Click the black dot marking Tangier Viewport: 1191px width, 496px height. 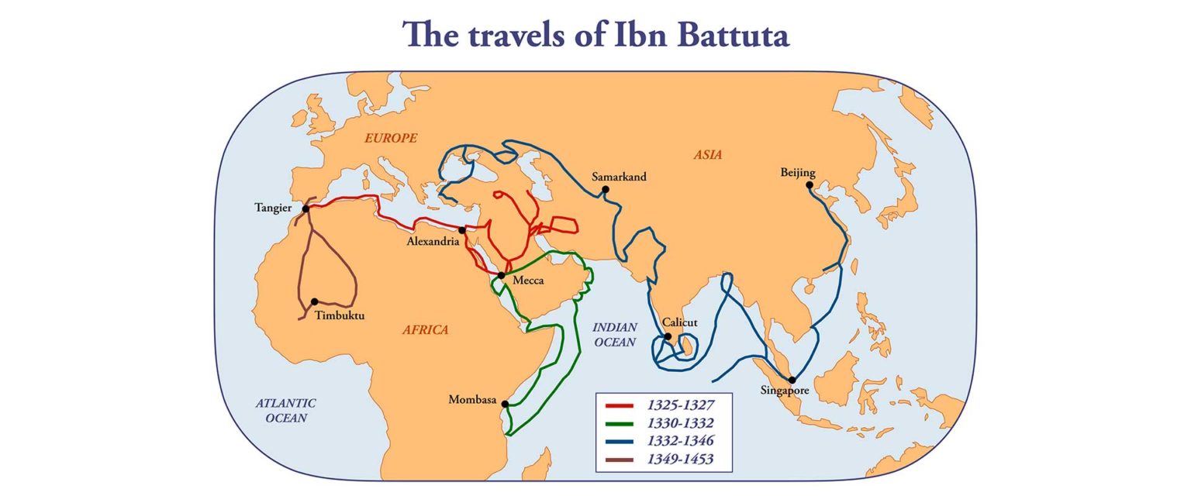(306, 208)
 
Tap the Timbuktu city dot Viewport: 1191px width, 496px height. (315, 301)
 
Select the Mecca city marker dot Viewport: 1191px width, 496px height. (502, 275)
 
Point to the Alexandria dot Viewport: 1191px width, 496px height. (462, 229)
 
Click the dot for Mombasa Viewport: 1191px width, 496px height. (505, 404)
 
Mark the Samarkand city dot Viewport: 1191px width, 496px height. (605, 188)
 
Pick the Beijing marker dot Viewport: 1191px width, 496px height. (810, 185)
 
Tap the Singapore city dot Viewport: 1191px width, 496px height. (792, 380)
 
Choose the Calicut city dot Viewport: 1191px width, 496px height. (667, 336)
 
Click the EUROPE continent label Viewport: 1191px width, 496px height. (392, 138)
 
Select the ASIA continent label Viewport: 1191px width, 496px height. (707, 155)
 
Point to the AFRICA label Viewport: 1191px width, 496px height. (425, 330)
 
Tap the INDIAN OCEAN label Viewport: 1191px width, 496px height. (614, 334)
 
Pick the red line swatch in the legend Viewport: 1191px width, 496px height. (620, 405)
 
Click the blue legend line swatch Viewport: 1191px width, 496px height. (620, 441)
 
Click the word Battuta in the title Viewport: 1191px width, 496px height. (713, 35)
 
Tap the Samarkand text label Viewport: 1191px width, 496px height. (618, 177)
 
